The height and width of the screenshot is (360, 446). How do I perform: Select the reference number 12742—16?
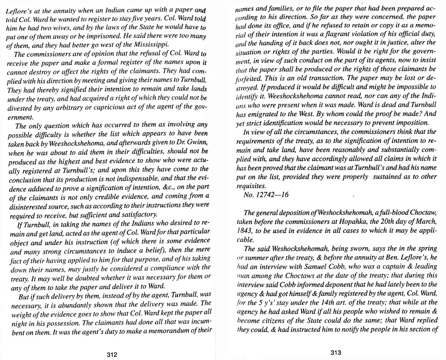(x=266, y=195)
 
